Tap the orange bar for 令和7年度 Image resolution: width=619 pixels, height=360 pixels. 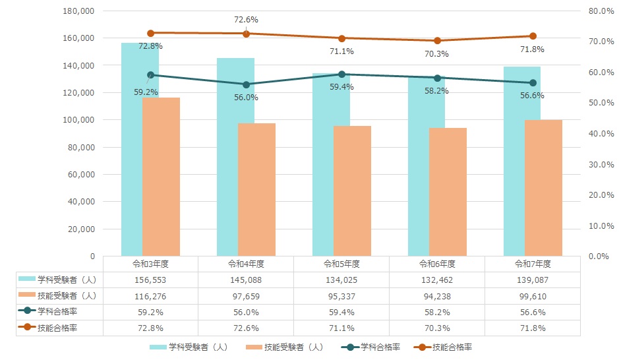[543, 188]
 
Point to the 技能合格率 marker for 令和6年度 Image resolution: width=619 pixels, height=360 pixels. [437, 41]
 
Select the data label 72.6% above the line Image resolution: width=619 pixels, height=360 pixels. [246, 20]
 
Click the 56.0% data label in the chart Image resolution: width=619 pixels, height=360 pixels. [246, 97]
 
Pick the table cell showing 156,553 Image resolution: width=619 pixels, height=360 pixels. [150, 280]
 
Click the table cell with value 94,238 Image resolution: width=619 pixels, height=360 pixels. [437, 295]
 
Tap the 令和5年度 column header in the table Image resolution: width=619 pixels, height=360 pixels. [341, 264]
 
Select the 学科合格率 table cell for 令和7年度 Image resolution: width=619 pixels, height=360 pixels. [533, 312]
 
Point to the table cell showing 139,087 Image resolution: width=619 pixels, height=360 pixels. [533, 280]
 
